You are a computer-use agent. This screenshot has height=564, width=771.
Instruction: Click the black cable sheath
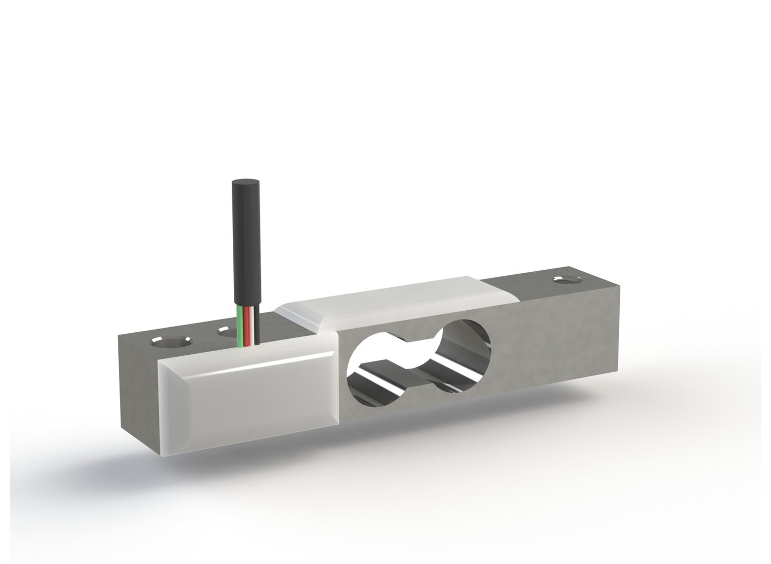(x=244, y=246)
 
